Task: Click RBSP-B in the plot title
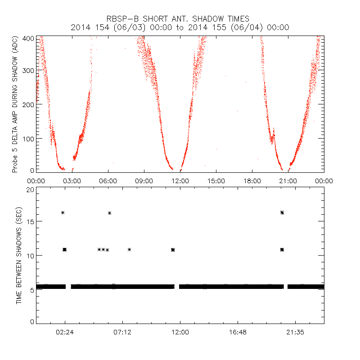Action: (x=123, y=19)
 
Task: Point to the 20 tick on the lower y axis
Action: (x=30, y=189)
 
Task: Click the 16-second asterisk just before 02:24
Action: (x=63, y=212)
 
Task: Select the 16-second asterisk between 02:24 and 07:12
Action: (x=109, y=213)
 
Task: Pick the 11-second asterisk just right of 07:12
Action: (x=130, y=249)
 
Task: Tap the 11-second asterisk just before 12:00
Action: (x=173, y=249)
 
